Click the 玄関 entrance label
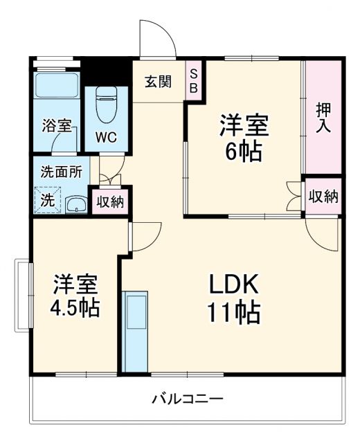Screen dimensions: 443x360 pos(158,82)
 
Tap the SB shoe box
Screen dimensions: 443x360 pos(195,81)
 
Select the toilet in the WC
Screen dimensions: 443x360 pos(107,105)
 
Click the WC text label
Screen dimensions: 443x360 pos(105,136)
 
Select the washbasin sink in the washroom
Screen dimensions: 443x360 pos(75,204)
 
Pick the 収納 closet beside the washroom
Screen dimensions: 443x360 pos(109,202)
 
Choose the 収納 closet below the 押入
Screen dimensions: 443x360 pos(323,197)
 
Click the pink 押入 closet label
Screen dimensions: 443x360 pos(323,118)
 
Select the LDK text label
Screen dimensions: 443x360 pos(233,285)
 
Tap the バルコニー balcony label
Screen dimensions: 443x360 pos(187,399)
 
